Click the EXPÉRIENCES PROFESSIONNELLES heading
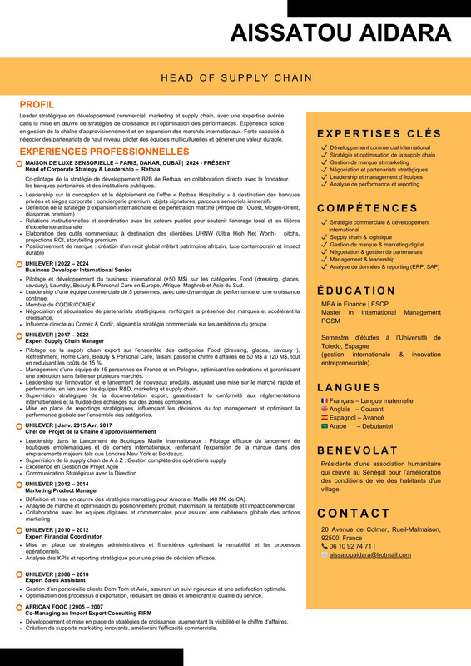[x=104, y=152]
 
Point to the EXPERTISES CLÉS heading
[x=379, y=133]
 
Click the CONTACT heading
[x=354, y=513]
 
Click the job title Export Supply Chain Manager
[x=64, y=340]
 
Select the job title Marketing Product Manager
[x=62, y=490]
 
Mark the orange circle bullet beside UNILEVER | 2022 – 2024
[x=19, y=263]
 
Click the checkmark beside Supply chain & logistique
[x=324, y=237]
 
